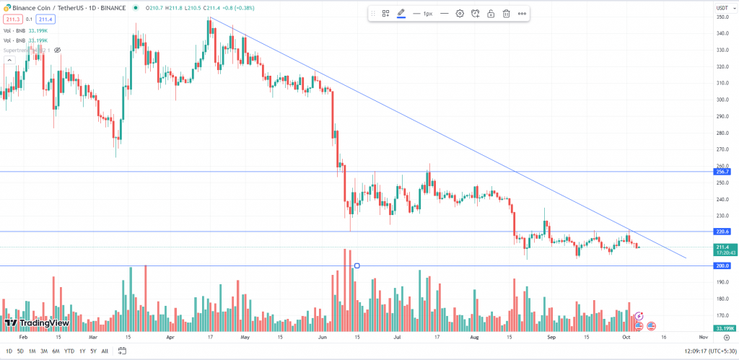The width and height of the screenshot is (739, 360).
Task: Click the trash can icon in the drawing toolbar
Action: [507, 14]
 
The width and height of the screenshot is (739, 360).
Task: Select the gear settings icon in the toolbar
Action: [460, 14]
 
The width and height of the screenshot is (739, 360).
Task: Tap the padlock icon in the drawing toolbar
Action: [491, 14]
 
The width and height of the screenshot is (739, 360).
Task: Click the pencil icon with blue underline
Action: [401, 14]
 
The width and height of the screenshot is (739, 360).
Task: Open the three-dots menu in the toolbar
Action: [522, 14]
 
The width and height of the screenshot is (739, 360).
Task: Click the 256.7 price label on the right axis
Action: [722, 172]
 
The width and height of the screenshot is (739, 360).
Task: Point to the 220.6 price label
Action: [722, 232]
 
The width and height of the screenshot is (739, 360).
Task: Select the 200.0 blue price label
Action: [722, 266]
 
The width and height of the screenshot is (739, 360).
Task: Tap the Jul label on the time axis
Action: [398, 337]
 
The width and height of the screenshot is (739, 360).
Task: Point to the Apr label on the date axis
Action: [170, 337]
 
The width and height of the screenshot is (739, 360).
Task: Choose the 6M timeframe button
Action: [56, 351]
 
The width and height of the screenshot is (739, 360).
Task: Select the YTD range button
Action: [69, 351]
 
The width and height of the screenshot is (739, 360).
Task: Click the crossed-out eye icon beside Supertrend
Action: [57, 50]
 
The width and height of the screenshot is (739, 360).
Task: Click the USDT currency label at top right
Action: [721, 7]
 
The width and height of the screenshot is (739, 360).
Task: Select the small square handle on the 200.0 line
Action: [357, 266]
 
